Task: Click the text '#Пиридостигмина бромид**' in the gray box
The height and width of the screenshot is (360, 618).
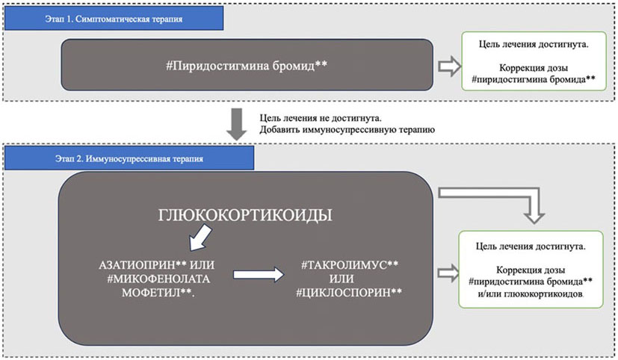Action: [x=247, y=66]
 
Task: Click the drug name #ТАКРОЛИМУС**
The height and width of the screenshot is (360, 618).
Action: [x=350, y=264]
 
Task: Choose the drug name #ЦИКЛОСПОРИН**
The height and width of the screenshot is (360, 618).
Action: [x=350, y=291]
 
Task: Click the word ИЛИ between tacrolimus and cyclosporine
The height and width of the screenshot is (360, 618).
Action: [x=350, y=278]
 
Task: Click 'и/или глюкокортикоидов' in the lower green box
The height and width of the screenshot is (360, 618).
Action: [x=533, y=294]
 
